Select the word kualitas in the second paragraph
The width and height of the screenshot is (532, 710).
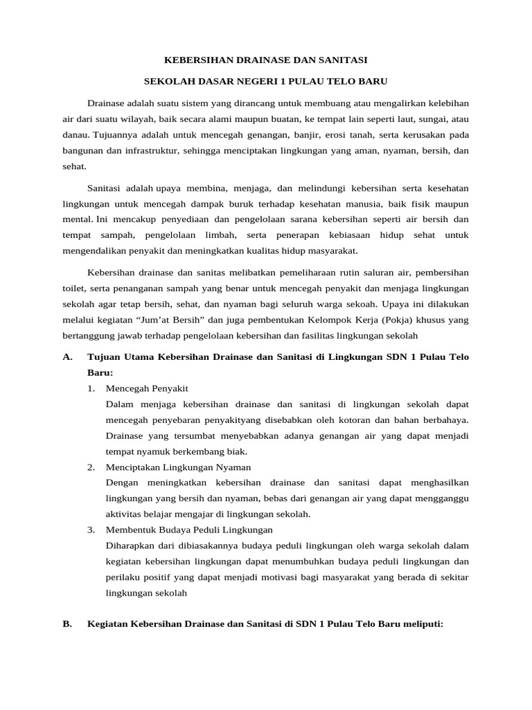point(260,252)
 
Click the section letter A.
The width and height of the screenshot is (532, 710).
point(67,357)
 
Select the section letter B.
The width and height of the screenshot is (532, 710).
point(67,624)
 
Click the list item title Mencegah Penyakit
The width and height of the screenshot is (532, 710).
point(147,388)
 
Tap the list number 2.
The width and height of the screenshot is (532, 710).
point(91,467)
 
